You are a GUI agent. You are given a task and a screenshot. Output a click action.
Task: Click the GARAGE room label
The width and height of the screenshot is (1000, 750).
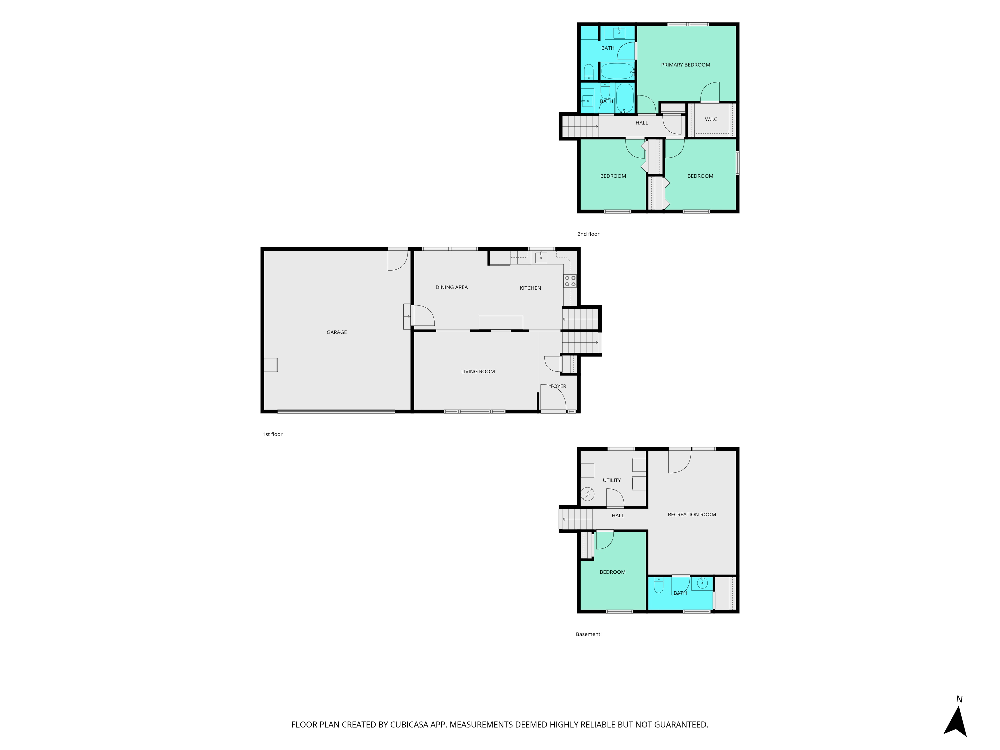[x=337, y=332]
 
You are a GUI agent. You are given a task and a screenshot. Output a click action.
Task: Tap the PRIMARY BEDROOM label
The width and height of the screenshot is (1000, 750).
[x=685, y=65]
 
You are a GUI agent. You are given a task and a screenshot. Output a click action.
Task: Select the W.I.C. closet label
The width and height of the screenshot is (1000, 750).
[x=711, y=119]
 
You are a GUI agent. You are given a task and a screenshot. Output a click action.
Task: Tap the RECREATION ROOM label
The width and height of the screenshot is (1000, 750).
[x=692, y=514]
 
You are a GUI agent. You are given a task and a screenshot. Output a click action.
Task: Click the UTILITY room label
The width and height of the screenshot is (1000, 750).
[x=612, y=480]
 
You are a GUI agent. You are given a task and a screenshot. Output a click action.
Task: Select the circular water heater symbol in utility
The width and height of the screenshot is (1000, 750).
[x=587, y=494]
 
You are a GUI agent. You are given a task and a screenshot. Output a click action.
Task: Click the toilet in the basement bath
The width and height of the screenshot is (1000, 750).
[x=658, y=585]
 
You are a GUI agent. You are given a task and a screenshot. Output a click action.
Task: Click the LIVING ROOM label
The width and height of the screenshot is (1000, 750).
[x=478, y=371]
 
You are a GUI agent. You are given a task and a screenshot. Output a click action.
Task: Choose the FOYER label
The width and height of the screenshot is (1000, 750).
[x=558, y=386]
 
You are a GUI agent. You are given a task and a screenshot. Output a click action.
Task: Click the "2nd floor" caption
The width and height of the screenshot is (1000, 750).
[x=588, y=234]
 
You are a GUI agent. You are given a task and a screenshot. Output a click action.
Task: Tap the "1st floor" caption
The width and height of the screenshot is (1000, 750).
[x=272, y=434]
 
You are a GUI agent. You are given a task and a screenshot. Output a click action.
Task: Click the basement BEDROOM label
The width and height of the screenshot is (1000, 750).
[x=612, y=572]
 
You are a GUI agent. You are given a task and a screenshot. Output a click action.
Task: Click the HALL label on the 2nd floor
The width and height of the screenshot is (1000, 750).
[x=641, y=122]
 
